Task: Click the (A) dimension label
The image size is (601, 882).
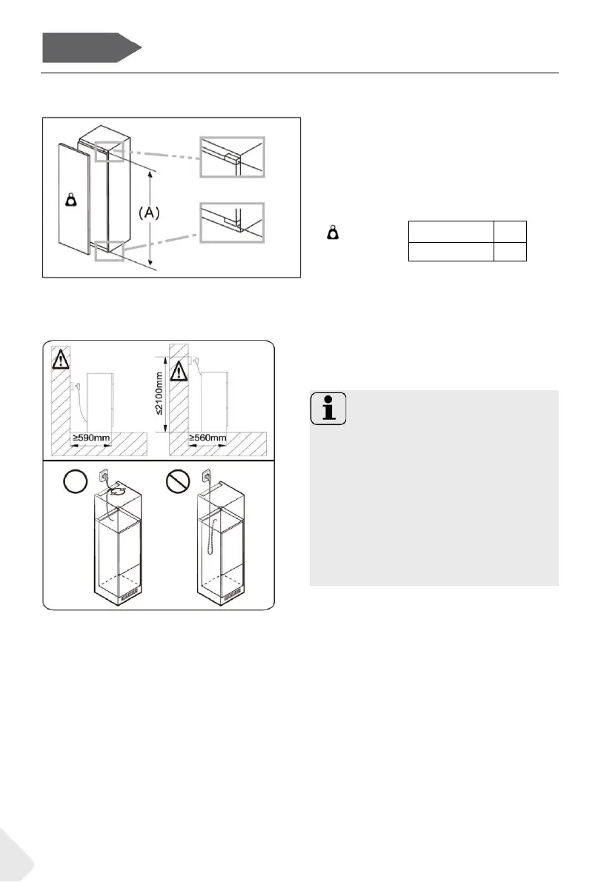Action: click(150, 213)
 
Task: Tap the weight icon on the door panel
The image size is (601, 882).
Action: click(71, 200)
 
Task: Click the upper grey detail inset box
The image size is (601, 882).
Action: click(232, 156)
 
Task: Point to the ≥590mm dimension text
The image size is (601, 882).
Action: click(91, 438)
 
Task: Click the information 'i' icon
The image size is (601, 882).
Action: click(326, 408)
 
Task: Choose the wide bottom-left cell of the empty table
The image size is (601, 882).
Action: click(451, 251)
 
